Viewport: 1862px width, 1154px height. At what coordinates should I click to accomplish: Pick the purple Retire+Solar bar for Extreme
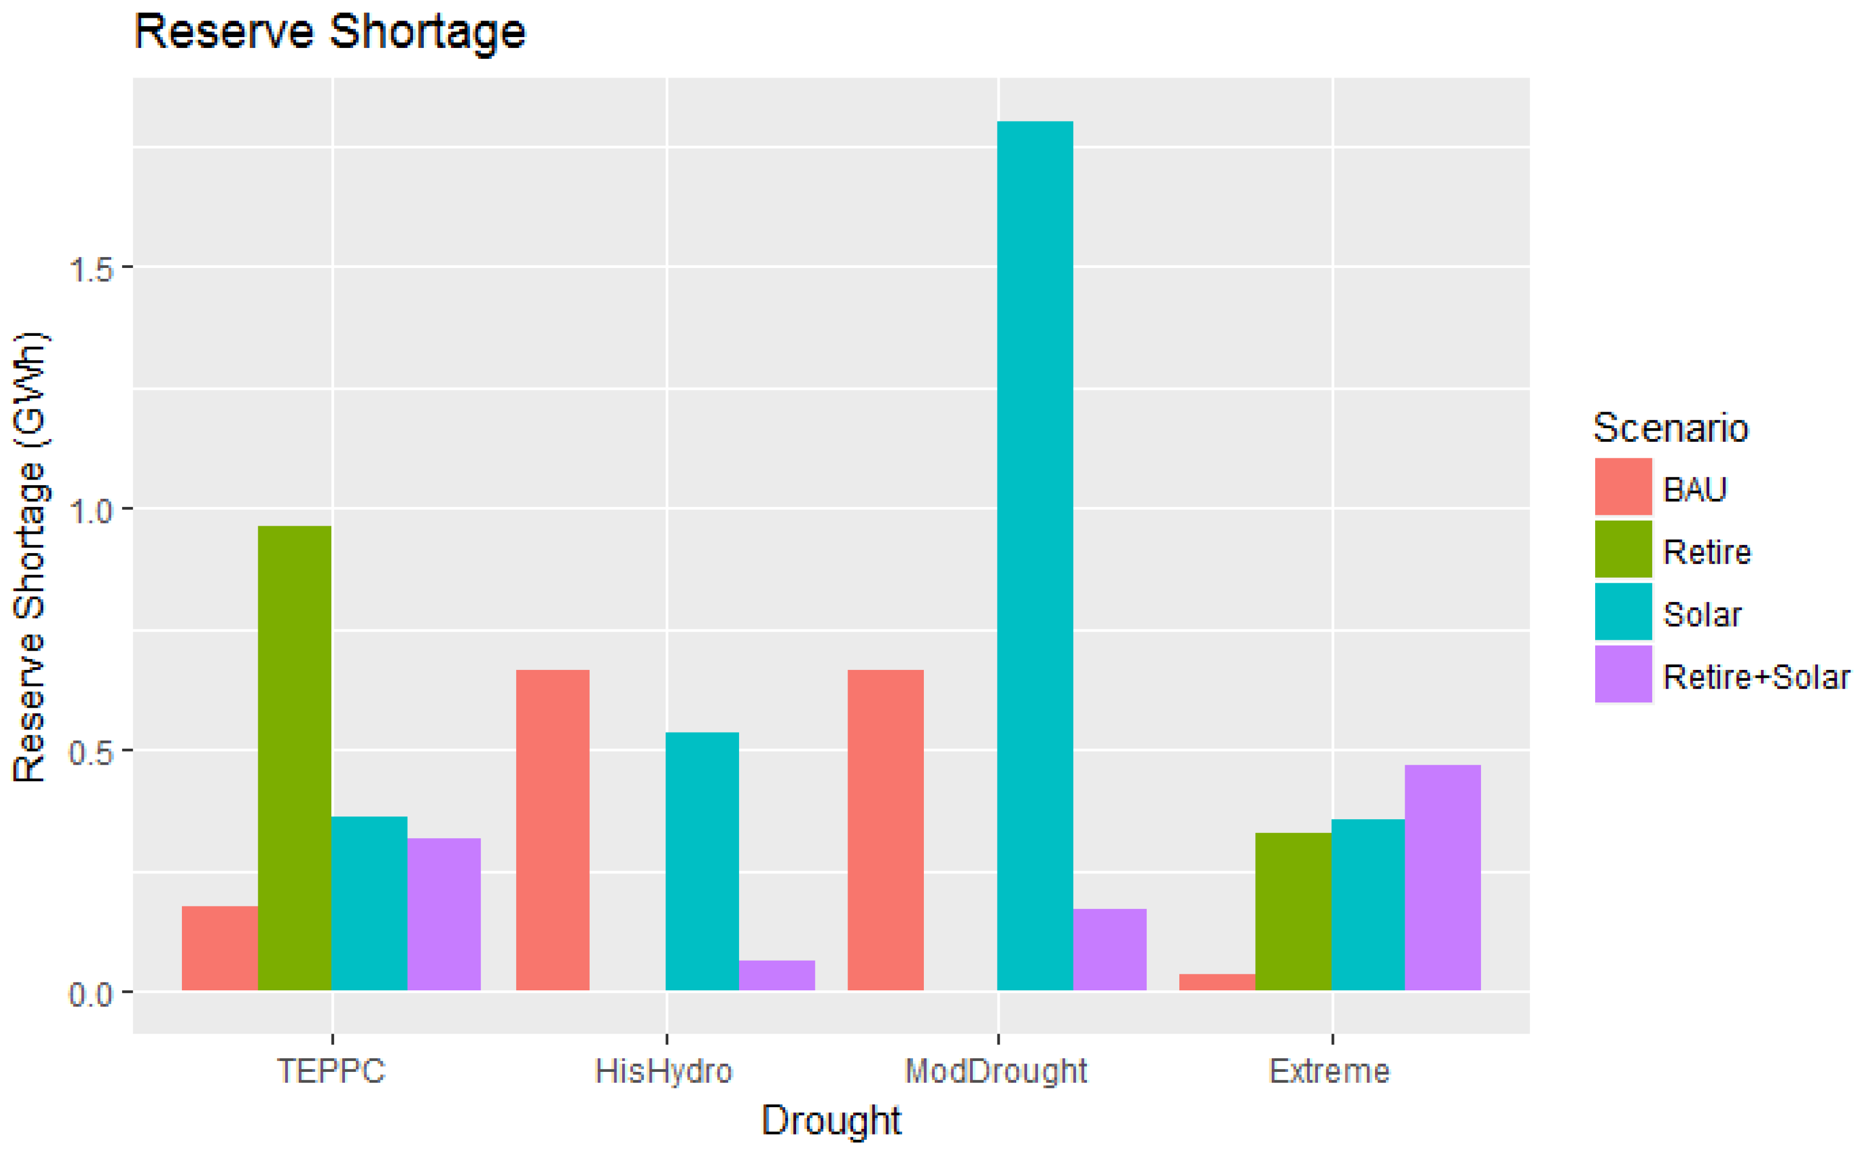[x=1442, y=877]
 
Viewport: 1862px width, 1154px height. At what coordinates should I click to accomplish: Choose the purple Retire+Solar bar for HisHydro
[x=776, y=976]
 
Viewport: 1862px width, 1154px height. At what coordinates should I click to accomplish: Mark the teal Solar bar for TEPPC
[x=369, y=904]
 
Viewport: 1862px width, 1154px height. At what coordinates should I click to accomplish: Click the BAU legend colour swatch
[x=1622, y=487]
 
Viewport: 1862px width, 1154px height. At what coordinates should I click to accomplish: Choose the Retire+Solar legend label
[x=1756, y=677]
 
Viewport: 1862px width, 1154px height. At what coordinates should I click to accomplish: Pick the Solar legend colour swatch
[x=1622, y=612]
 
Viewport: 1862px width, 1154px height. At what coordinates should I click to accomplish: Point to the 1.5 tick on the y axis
[x=90, y=269]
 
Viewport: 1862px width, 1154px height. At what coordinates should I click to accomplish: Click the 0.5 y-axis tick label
[x=90, y=753]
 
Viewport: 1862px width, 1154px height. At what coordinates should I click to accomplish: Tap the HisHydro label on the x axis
[x=663, y=1071]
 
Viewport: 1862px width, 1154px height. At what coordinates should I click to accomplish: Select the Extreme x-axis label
[x=1329, y=1071]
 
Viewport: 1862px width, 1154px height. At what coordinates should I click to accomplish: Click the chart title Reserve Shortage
[x=330, y=32]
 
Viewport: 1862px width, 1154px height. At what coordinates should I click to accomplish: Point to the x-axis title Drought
[x=831, y=1120]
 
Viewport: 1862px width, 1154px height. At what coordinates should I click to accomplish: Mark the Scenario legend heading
[x=1670, y=428]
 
